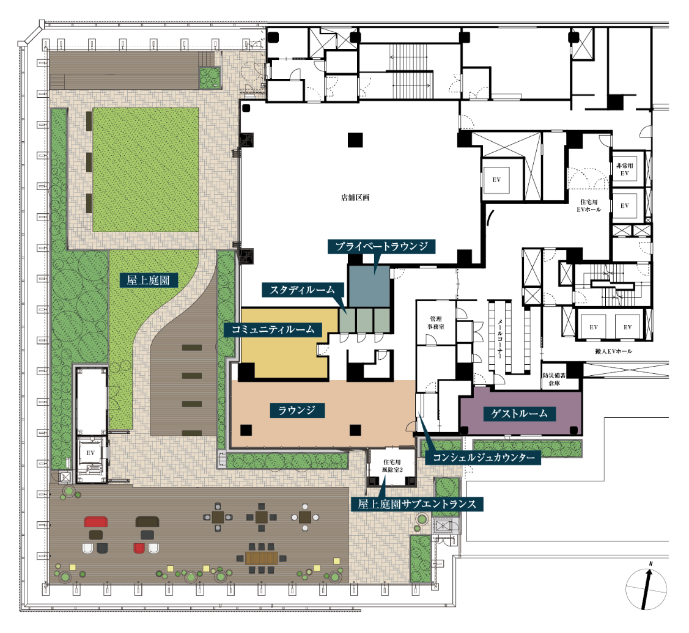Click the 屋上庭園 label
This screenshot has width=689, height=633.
click(149, 280)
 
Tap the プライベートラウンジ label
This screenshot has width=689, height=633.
click(381, 246)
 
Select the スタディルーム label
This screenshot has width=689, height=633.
click(302, 290)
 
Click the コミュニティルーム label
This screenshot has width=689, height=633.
click(273, 329)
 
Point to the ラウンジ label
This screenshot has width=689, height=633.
click(297, 410)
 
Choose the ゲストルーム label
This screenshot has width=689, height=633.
click(520, 414)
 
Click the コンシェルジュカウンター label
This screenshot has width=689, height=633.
click(484, 458)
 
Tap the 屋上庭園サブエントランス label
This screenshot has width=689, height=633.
click(417, 504)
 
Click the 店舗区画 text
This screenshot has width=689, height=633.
click(355, 198)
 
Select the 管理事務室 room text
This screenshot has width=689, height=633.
click(436, 323)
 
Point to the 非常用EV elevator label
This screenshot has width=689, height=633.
click(624, 170)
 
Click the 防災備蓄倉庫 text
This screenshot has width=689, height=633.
click(554, 379)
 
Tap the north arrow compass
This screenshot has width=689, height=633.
click(646, 588)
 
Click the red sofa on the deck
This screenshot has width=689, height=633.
click(96, 522)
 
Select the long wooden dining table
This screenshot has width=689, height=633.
click(262, 558)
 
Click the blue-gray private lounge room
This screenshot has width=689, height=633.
click(369, 286)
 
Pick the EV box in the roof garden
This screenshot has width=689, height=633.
click(90, 453)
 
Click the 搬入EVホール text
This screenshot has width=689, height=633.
click(613, 351)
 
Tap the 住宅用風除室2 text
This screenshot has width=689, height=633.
click(392, 466)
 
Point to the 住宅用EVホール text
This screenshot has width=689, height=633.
click(589, 205)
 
